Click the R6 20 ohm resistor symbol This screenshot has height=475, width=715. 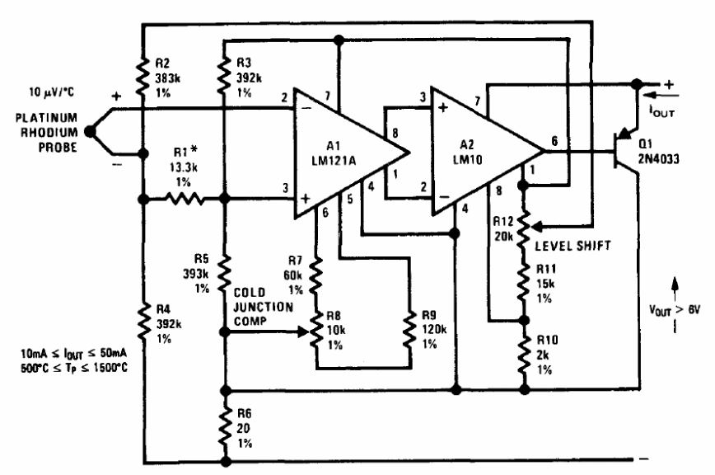pyautogui.click(x=224, y=426)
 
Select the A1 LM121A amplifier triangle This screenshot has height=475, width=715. pyautogui.click(x=338, y=153)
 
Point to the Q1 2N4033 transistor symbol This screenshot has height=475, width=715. pyautogui.click(x=624, y=151)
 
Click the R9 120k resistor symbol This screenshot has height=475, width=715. pyautogui.click(x=409, y=329)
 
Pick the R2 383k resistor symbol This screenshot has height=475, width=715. pyautogui.click(x=143, y=77)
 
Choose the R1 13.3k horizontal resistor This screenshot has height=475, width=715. pyautogui.click(x=184, y=199)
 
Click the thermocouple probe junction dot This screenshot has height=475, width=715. pyautogui.click(x=91, y=131)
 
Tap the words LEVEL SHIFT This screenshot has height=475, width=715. pyautogui.click(x=572, y=246)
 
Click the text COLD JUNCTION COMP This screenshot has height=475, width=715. pyautogui.click(x=263, y=307)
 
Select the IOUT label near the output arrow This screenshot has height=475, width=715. pyautogui.click(x=661, y=111)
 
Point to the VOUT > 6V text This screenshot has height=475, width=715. pyautogui.click(x=675, y=310)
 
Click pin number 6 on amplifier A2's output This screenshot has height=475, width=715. pyautogui.click(x=554, y=141)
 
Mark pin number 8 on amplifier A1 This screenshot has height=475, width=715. pyautogui.click(x=395, y=133)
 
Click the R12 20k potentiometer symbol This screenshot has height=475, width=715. pyautogui.click(x=525, y=228)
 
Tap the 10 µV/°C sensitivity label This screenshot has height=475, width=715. pyautogui.click(x=51, y=92)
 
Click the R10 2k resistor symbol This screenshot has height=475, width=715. pyautogui.click(x=525, y=355)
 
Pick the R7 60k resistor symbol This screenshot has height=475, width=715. pyautogui.click(x=315, y=275)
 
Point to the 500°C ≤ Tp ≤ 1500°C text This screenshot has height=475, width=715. pyautogui.click(x=74, y=367)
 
